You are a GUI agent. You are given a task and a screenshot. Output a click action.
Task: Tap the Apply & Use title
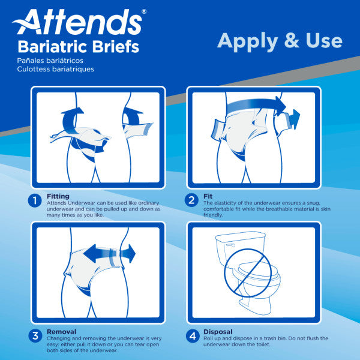coord(280,40)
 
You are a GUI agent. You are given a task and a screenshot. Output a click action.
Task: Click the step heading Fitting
coord(58,196)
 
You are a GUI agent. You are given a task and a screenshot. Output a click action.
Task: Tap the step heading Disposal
coord(218,331)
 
